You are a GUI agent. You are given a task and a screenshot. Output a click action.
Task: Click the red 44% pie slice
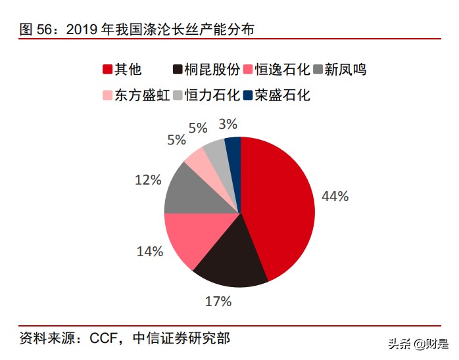[279, 204]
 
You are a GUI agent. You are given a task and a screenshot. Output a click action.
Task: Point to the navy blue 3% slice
[233, 149]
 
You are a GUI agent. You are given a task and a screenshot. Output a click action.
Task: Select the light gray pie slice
[216, 152]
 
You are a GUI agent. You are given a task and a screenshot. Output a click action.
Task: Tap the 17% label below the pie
[218, 302]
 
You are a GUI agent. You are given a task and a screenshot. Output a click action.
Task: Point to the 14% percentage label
[149, 251]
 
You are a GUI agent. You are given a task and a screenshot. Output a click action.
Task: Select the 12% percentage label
[147, 179]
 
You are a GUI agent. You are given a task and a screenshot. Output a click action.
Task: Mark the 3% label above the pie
[228, 124]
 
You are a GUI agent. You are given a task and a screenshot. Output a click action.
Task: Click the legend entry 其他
[128, 70]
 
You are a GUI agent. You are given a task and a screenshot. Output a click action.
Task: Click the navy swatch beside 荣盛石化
[247, 95]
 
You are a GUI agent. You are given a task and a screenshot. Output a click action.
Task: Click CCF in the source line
[99, 338]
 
